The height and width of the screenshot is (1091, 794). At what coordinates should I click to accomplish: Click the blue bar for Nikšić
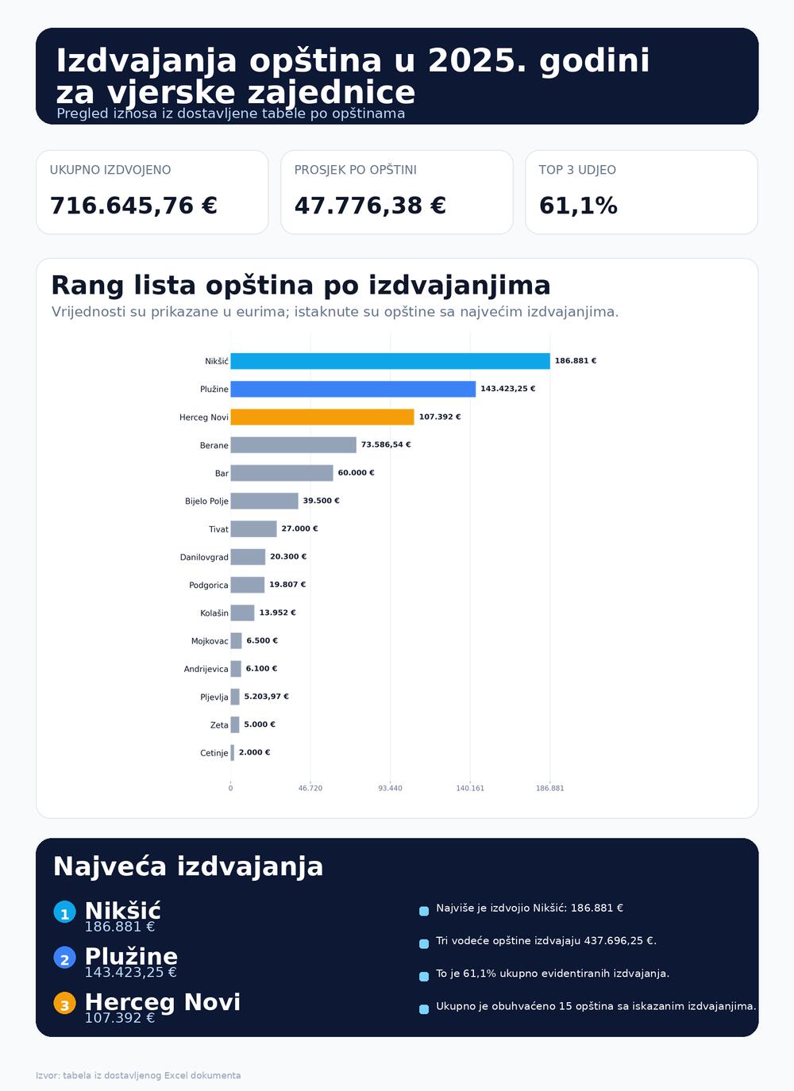tap(390, 361)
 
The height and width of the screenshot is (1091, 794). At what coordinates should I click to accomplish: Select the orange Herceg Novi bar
tap(322, 417)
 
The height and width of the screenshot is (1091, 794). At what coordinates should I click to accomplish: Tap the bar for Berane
tap(293, 445)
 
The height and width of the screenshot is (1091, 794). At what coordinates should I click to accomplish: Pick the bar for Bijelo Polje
tap(264, 501)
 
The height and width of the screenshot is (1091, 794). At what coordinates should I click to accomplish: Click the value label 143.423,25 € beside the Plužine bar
tap(507, 389)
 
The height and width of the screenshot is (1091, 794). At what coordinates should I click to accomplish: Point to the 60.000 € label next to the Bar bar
tap(356, 473)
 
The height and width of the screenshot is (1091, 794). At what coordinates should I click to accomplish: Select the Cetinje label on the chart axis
tap(214, 753)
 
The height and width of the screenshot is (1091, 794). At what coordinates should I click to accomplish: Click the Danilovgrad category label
tap(204, 557)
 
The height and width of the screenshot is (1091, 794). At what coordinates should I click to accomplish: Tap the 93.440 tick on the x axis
tap(390, 788)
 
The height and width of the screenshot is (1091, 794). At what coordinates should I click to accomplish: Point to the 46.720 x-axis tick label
tap(310, 788)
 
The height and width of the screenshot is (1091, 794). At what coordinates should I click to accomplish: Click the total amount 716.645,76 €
tap(133, 206)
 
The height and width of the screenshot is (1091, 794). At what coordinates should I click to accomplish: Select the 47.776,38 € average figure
tap(370, 206)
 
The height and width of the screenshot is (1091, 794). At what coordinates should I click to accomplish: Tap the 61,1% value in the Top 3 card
tap(578, 206)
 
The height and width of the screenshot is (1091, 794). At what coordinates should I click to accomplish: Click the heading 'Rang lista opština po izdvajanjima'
tap(301, 286)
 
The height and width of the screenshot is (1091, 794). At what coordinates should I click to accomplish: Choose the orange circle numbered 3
tap(64, 1004)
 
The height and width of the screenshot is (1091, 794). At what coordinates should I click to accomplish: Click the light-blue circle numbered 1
tap(64, 912)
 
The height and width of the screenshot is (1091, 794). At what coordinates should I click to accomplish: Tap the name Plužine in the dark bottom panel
tap(131, 956)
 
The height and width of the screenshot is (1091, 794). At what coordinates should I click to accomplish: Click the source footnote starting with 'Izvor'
tap(138, 1076)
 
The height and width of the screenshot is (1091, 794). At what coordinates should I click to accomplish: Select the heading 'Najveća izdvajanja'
tap(188, 866)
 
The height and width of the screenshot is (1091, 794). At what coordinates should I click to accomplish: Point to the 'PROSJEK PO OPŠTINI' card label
tap(355, 170)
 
